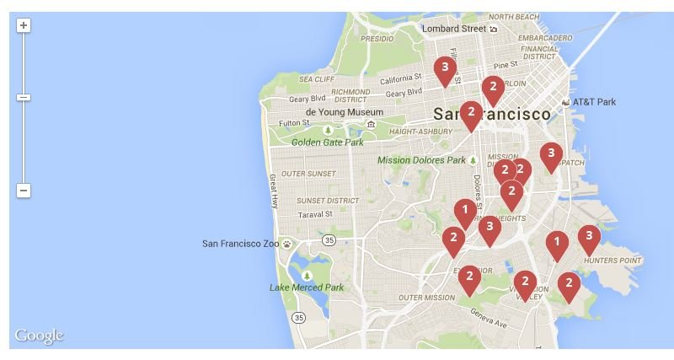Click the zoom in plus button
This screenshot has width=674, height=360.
coord(24,25)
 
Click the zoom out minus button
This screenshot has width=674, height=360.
coord(24,191)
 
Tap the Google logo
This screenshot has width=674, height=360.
coord(39,336)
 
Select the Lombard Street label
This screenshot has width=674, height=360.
coord(454,28)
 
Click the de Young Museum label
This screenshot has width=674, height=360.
coord(344,112)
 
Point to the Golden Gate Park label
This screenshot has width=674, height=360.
coord(328,142)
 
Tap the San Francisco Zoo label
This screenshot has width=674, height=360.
coord(240,244)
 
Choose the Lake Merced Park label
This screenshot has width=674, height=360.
coord(307,287)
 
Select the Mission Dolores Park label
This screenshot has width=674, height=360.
coord(421,160)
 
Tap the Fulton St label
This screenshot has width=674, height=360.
coord(295,123)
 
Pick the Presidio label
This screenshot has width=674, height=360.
coord(377,39)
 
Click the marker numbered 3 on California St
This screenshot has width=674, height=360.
coord(445,68)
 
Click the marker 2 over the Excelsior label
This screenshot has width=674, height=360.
coord(469,277)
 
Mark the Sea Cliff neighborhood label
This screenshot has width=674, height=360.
coord(317,79)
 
